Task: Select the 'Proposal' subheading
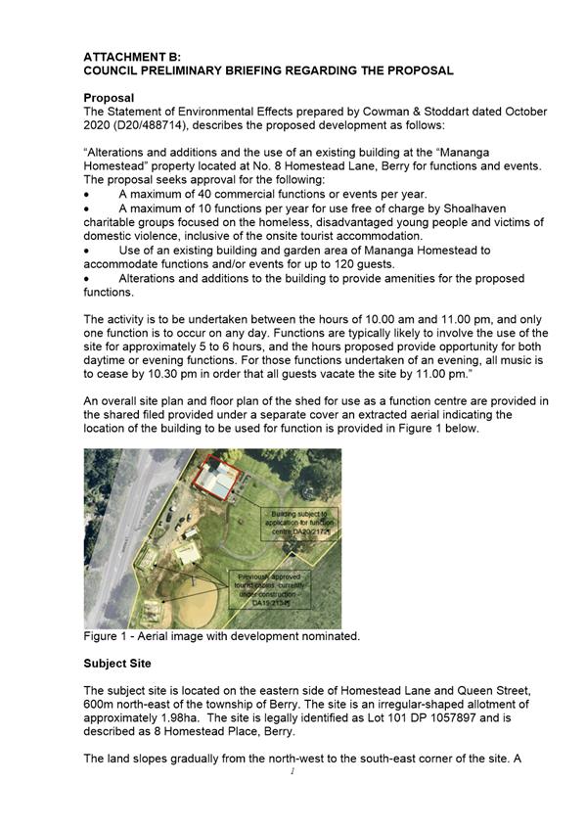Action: click(x=108, y=98)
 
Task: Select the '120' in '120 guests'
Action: click(x=427, y=264)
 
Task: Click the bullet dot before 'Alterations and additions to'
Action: click(x=87, y=279)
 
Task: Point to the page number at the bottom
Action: click(x=292, y=771)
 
